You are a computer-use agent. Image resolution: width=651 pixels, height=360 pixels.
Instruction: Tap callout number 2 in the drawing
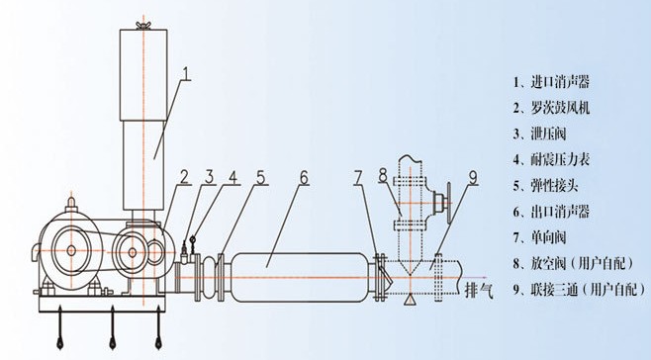click(184, 178)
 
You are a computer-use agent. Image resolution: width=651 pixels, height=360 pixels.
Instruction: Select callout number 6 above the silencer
click(304, 178)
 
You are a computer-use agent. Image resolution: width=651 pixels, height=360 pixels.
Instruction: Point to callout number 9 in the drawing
click(473, 178)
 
